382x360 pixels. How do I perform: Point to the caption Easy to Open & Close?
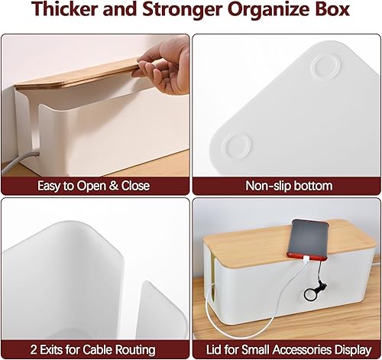[94, 186]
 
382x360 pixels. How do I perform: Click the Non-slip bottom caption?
[288, 186]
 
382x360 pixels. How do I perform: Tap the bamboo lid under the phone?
[252, 260]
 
